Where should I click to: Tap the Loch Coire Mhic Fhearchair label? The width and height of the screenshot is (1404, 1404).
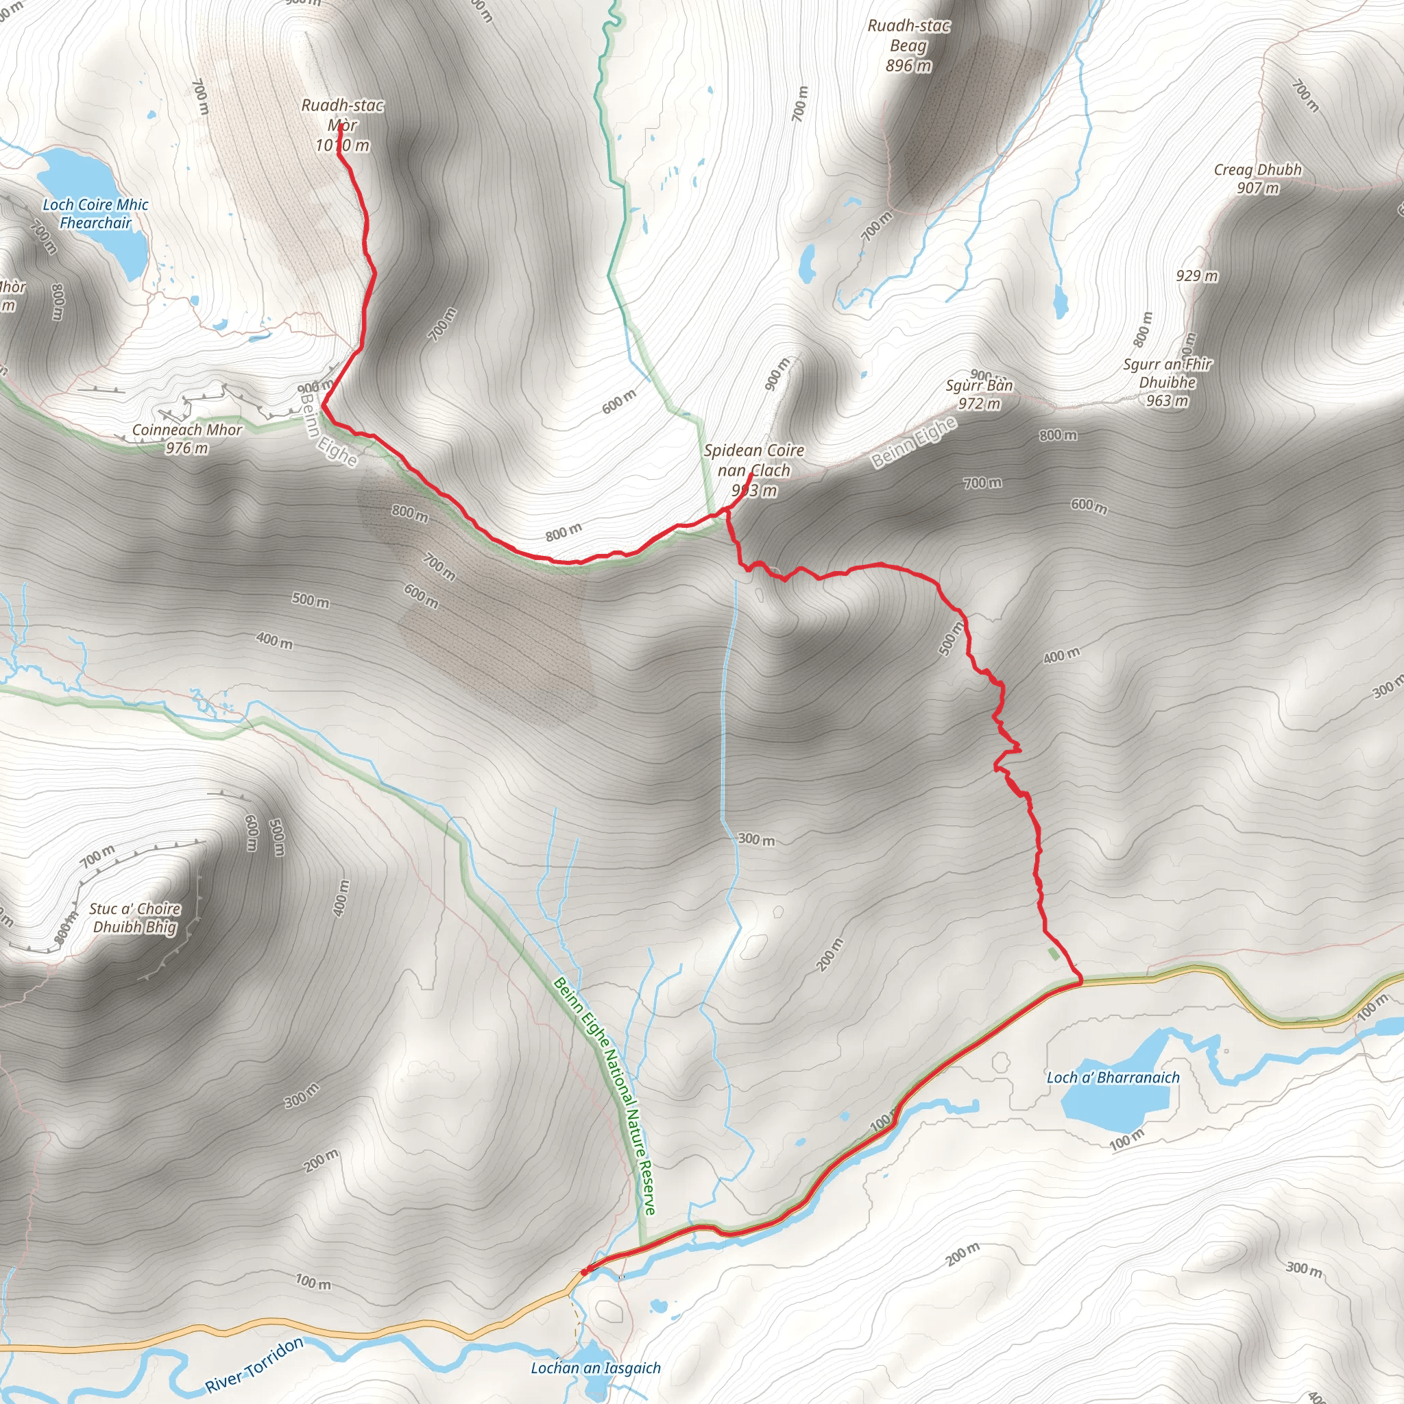95,214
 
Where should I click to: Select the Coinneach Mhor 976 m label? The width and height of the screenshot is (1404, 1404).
186,439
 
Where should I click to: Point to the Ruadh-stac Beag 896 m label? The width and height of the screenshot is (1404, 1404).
908,46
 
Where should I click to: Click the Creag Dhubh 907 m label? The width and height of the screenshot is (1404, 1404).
1258,179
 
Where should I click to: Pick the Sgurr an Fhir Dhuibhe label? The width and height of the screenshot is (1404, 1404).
1167,383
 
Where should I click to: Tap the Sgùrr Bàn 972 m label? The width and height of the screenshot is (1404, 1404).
979,394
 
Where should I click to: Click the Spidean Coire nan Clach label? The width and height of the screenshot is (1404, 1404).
753,470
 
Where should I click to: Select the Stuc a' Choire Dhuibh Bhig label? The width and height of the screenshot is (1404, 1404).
134,918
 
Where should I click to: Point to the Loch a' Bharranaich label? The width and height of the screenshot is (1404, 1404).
1113,1078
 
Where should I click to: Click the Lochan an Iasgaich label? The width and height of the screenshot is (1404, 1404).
596,1368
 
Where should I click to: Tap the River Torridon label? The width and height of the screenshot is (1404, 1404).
254,1366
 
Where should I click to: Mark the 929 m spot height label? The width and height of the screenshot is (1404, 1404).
1197,276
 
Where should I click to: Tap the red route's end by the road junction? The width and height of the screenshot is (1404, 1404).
584,1271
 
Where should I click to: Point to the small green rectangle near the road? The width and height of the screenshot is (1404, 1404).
1054,954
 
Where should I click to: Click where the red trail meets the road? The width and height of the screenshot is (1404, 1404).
1080,981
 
